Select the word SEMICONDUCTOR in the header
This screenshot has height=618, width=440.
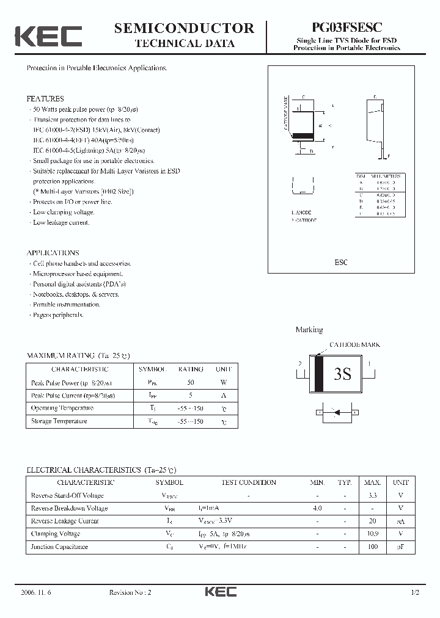click(184, 27)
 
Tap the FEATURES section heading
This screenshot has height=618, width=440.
click(45, 98)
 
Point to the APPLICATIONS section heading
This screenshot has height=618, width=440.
click(53, 253)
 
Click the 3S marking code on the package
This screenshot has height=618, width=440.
click(343, 374)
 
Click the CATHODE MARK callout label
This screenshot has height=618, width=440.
click(354, 345)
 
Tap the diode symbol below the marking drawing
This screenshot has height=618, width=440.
click(335, 413)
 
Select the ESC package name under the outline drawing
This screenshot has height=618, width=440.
click(341, 262)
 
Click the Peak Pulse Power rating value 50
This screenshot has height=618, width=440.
click(191, 382)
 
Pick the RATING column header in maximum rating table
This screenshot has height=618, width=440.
click(191, 369)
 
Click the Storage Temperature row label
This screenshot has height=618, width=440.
click(59, 421)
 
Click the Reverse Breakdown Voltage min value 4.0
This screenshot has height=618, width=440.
click(317, 508)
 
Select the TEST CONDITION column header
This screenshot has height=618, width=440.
click(249, 482)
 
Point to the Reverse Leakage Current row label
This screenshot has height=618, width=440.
click(64, 521)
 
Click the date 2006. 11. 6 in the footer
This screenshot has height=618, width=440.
click(35, 592)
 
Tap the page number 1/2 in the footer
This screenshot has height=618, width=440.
click(416, 592)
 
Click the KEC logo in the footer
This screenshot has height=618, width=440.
click(220, 592)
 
